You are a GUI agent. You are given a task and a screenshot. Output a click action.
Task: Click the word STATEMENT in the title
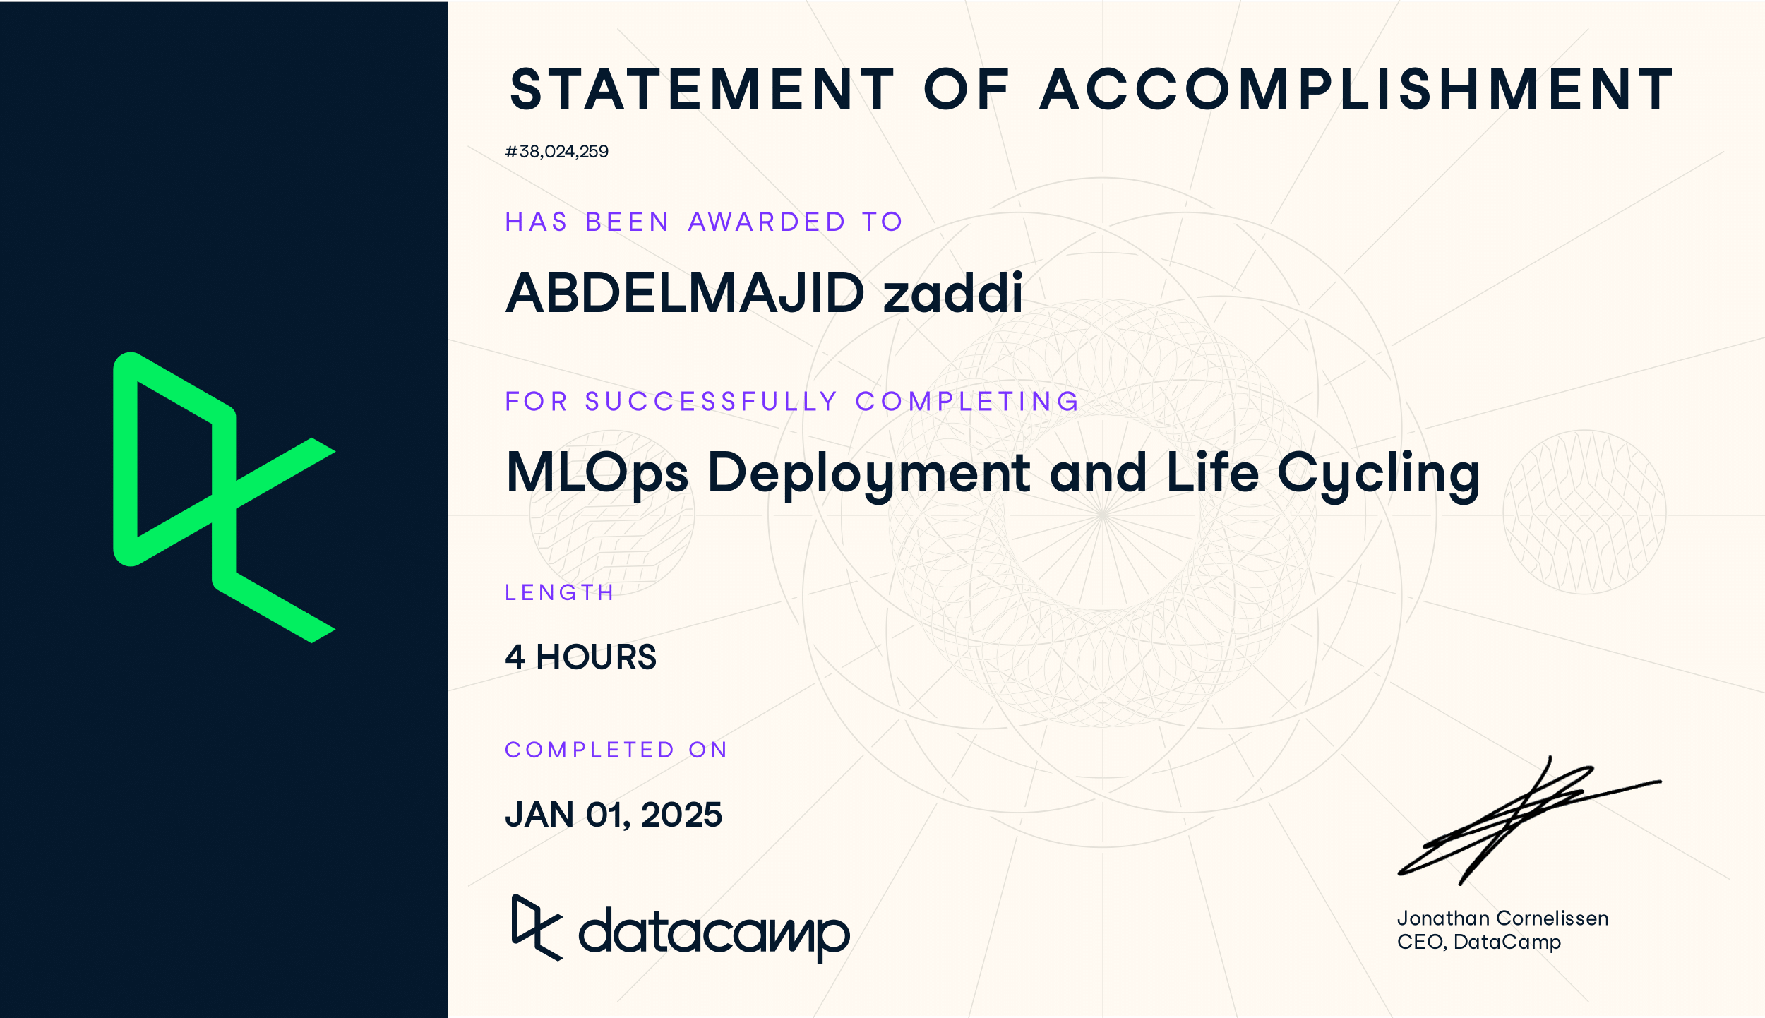pyautogui.click(x=702, y=90)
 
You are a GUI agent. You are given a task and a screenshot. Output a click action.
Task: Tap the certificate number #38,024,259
pyautogui.click(x=556, y=152)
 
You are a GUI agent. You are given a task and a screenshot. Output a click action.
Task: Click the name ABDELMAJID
pyautogui.click(x=685, y=293)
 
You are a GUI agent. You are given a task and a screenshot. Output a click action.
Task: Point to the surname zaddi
pyautogui.click(x=952, y=293)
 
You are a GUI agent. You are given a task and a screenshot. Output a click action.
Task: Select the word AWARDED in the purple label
pyautogui.click(x=767, y=222)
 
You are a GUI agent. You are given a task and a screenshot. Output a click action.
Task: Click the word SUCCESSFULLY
pyautogui.click(x=711, y=402)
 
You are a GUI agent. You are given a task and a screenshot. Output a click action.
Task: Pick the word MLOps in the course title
pyautogui.click(x=597, y=473)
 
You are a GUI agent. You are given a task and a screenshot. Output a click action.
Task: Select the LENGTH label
pyautogui.click(x=559, y=592)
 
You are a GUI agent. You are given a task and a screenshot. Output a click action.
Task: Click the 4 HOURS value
pyautogui.click(x=580, y=657)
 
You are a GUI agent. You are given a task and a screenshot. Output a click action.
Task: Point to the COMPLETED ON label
pyautogui.click(x=616, y=750)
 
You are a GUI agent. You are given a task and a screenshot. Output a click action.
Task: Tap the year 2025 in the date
pyautogui.click(x=681, y=815)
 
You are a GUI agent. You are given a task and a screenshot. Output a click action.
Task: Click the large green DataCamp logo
pyautogui.click(x=223, y=497)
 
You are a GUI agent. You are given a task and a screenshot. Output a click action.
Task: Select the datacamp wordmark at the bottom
pyautogui.click(x=714, y=934)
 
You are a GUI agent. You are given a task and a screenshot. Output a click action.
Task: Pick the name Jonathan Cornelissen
pyautogui.click(x=1502, y=918)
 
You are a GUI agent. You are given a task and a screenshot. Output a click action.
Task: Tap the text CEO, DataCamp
pyautogui.click(x=1478, y=942)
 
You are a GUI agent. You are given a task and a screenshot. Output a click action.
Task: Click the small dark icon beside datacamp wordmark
pyautogui.click(x=537, y=927)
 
